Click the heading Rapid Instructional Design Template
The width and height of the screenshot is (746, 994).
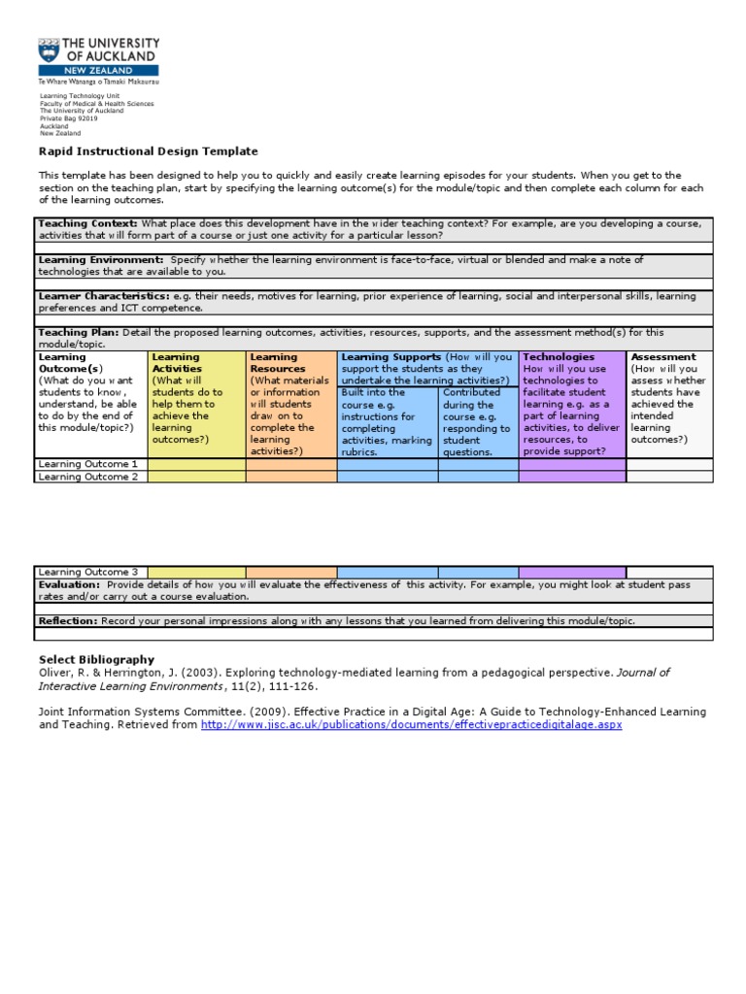tap(149, 151)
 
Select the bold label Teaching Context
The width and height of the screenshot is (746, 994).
tap(86, 223)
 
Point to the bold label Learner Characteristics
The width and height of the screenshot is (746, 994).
tap(104, 296)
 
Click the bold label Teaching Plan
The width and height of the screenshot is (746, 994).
tap(79, 332)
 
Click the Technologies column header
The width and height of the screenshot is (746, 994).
tap(559, 357)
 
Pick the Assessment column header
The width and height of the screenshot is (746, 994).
tap(663, 357)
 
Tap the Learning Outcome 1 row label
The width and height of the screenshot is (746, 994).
tap(87, 464)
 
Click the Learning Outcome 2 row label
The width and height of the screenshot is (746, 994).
tap(87, 477)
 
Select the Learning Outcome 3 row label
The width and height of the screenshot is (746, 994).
tap(87, 573)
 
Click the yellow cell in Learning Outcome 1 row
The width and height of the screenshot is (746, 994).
tap(196, 464)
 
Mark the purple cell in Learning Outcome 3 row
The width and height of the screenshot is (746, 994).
tap(572, 573)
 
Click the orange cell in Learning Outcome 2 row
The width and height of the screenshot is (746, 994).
tap(290, 477)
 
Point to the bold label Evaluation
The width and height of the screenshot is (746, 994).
tap(69, 585)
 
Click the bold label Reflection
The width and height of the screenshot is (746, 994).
tap(69, 621)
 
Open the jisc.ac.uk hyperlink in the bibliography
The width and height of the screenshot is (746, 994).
tap(411, 725)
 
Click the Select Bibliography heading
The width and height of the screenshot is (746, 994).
tap(96, 660)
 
